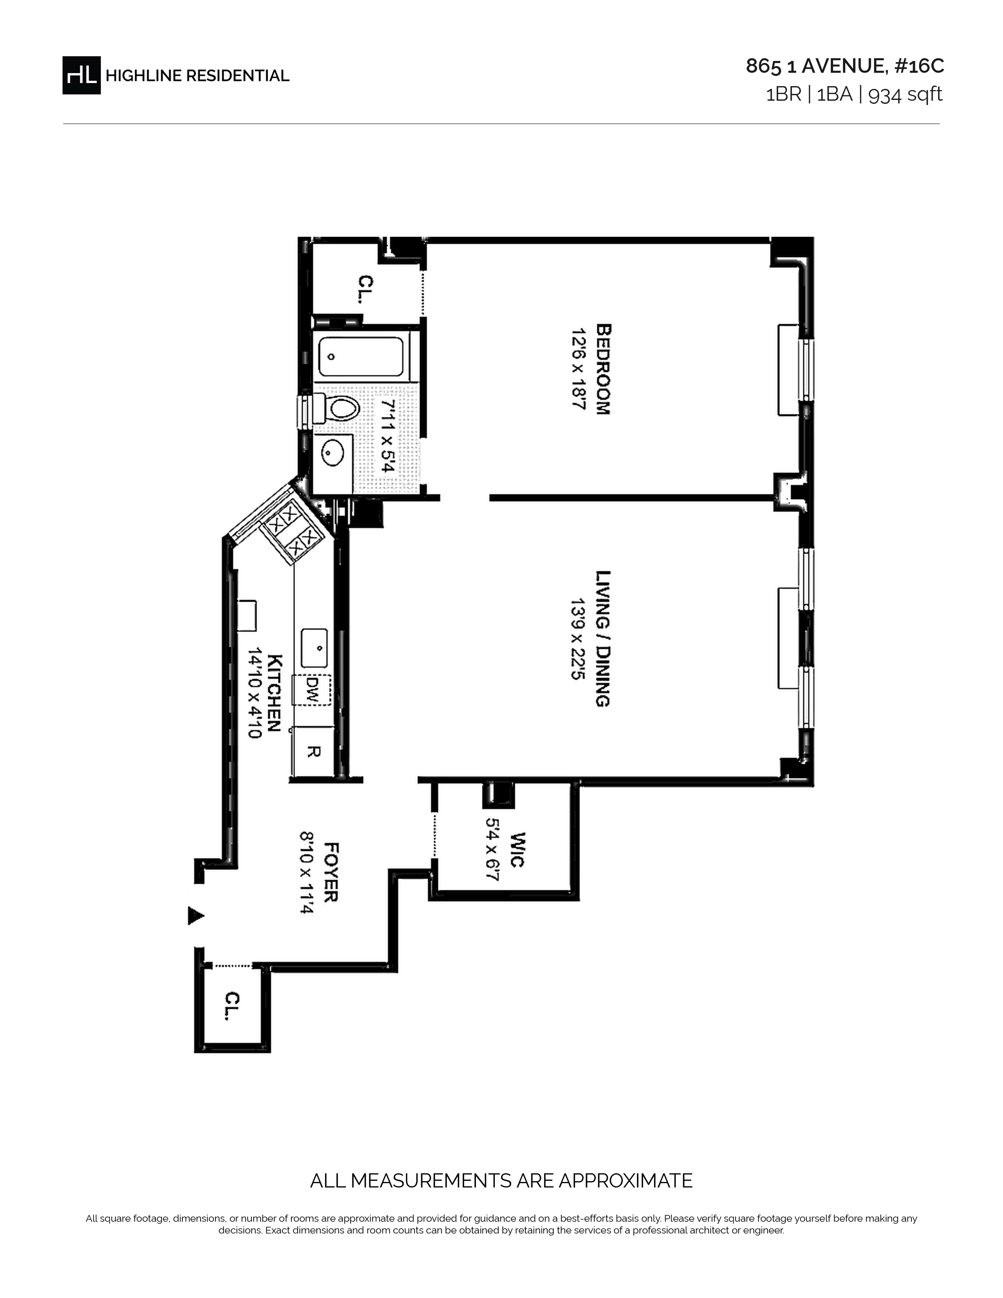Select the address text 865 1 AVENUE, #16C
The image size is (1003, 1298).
coord(844,66)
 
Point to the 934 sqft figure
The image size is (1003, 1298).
coord(905,94)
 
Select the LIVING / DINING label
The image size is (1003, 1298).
coord(603,638)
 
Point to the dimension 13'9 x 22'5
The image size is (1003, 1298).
coord(578,639)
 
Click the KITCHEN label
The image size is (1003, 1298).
coord(275,693)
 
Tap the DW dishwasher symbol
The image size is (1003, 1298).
coord(312,690)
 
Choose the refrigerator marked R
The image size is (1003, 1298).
coord(312,752)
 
